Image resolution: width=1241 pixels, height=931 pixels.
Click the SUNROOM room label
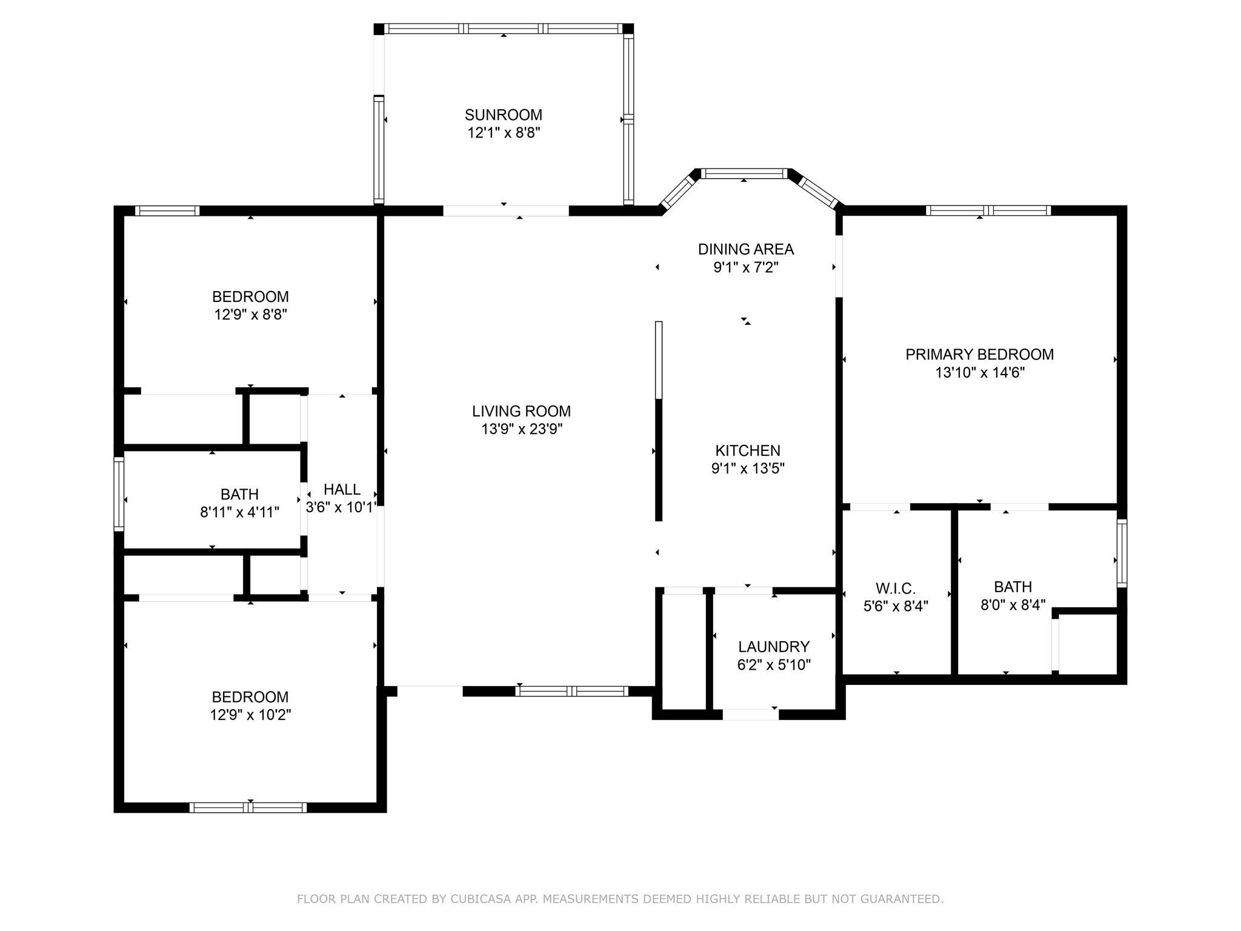(x=503, y=115)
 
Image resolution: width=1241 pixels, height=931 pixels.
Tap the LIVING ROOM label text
(x=521, y=411)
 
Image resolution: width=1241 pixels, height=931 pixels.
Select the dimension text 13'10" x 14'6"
(x=979, y=372)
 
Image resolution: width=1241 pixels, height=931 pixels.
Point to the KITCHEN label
(x=748, y=450)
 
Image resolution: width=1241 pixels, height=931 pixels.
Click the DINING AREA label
(x=745, y=249)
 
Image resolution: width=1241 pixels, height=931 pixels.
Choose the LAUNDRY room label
(x=774, y=647)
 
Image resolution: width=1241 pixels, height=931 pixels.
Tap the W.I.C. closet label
(x=895, y=588)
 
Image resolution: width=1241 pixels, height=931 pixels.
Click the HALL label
(x=342, y=489)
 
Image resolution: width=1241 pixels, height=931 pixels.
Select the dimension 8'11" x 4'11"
(x=239, y=512)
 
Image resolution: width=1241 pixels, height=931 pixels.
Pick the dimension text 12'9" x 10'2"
(x=250, y=715)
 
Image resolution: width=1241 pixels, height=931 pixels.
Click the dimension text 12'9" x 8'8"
(x=250, y=315)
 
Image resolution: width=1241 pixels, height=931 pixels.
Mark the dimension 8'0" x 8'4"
(x=1013, y=605)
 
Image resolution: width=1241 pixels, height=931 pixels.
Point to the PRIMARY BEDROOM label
(x=979, y=355)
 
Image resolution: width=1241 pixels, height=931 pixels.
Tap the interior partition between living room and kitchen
(x=659, y=421)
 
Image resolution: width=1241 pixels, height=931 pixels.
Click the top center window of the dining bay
(x=744, y=174)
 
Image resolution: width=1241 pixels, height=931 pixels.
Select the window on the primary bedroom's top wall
(x=988, y=210)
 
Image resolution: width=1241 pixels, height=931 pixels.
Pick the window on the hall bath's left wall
(x=119, y=495)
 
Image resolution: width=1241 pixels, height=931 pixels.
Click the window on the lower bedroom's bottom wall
(x=248, y=807)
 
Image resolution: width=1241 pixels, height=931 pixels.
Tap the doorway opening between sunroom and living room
(x=506, y=211)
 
